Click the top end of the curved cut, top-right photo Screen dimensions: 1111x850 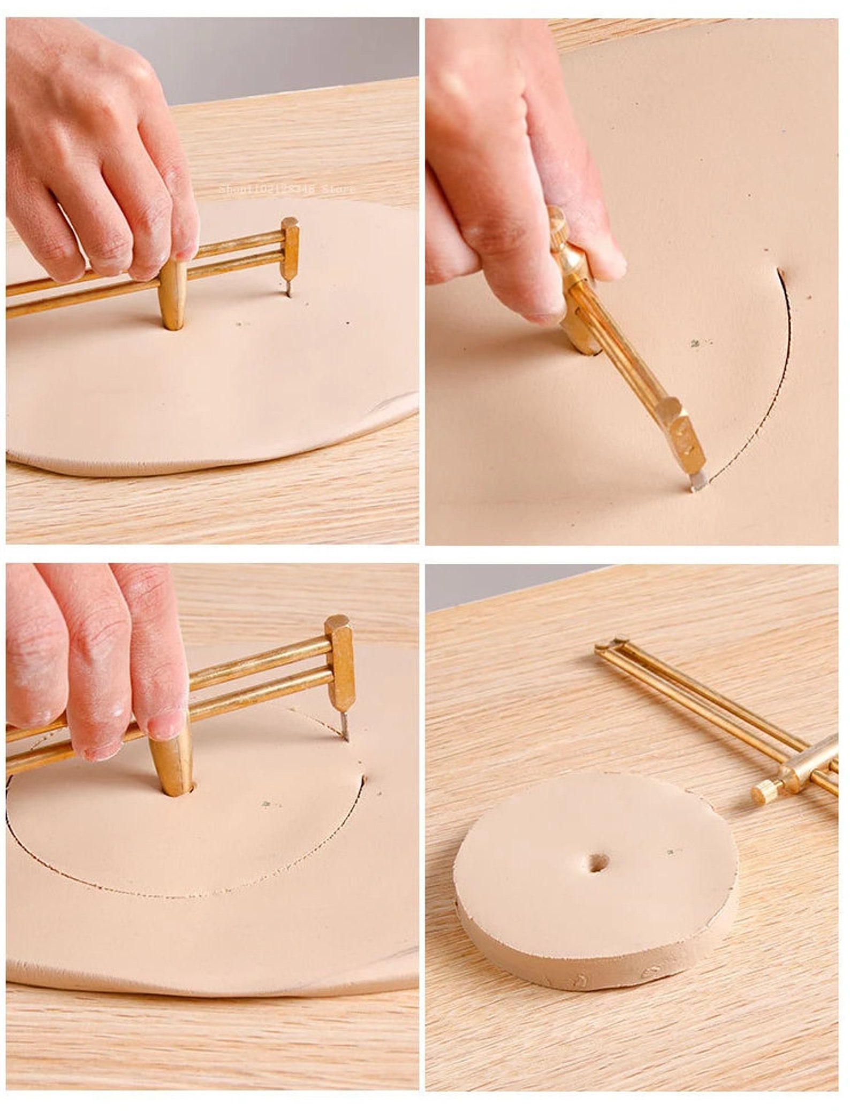780,273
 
